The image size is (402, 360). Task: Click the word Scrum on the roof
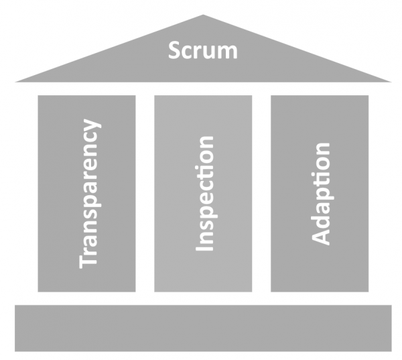(203, 51)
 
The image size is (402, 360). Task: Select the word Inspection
(204, 194)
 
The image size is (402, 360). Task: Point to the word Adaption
(321, 194)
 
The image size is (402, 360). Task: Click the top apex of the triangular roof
(203, 15)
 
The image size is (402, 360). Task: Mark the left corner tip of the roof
(17, 82)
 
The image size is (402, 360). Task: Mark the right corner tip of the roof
(390, 82)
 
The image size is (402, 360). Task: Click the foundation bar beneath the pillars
(203, 328)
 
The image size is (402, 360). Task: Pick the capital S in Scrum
(175, 51)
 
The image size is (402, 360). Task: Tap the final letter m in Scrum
(228, 52)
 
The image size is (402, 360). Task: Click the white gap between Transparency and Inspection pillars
(145, 194)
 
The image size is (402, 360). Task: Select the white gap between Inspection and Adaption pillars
(261, 194)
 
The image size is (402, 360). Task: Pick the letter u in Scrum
(208, 52)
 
